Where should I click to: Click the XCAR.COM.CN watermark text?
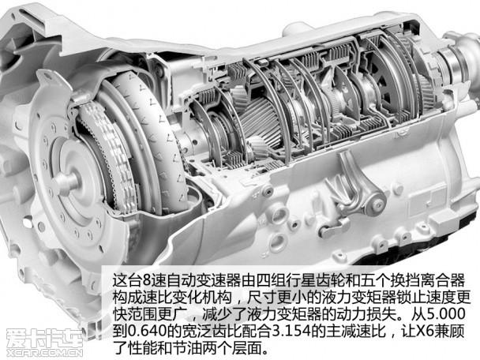click(44, 353)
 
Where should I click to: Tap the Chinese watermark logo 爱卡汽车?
click(44, 338)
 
